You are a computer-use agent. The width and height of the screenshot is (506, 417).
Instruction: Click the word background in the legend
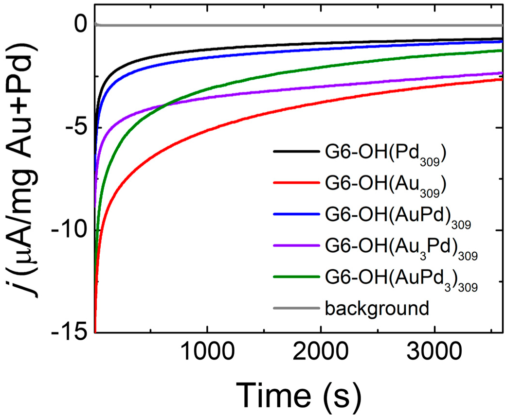click(375, 308)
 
